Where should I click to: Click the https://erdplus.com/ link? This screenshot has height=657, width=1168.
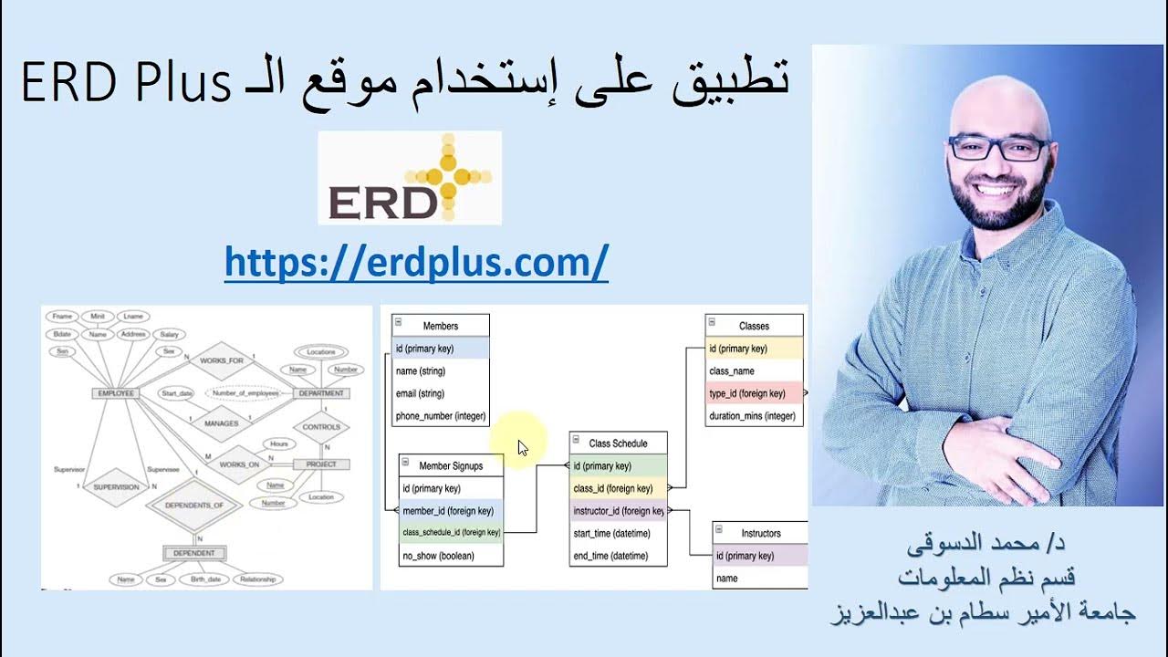tap(416, 263)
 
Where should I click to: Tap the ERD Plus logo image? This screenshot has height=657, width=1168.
tap(410, 178)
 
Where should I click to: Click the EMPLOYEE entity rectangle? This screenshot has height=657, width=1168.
tap(115, 393)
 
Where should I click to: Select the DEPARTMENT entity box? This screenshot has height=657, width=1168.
tap(321, 393)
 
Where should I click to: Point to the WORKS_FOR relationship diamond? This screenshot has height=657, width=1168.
tap(221, 361)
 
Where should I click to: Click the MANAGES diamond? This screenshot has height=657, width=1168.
tap(221, 423)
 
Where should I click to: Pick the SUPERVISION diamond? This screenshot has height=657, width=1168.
tap(116, 487)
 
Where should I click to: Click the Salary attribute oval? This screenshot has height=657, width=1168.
tap(168, 335)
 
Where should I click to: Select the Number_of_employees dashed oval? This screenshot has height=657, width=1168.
tap(244, 393)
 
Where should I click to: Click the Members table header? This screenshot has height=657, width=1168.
tap(441, 326)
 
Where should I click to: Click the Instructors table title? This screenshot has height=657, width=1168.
tap(761, 533)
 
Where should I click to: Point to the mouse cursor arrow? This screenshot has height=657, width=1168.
tap(522, 447)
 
